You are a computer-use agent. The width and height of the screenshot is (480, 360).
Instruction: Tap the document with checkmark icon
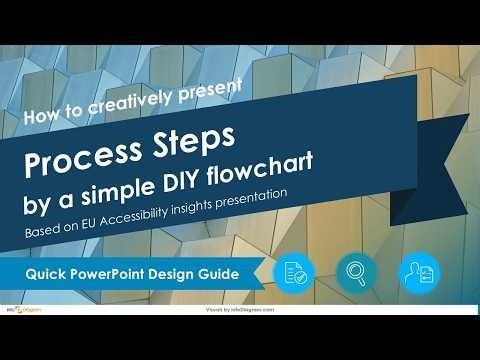pyautogui.click(x=294, y=272)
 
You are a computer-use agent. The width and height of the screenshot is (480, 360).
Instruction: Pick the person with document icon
pyautogui.click(x=418, y=272)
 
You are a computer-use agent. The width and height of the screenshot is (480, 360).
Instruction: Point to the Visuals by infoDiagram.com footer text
pyautogui.click(x=240, y=311)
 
